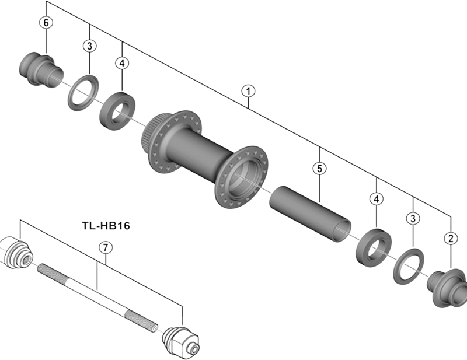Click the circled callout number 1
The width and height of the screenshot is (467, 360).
tap(249, 91)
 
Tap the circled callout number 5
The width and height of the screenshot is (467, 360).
tap(319, 169)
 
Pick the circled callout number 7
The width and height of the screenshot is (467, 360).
tap(104, 247)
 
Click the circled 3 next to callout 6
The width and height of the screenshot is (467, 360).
tap(89, 46)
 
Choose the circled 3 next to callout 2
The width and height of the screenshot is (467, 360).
tap(413, 218)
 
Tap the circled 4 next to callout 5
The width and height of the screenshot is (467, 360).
tap(377, 199)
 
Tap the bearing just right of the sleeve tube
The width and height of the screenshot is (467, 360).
tap(373, 246)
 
